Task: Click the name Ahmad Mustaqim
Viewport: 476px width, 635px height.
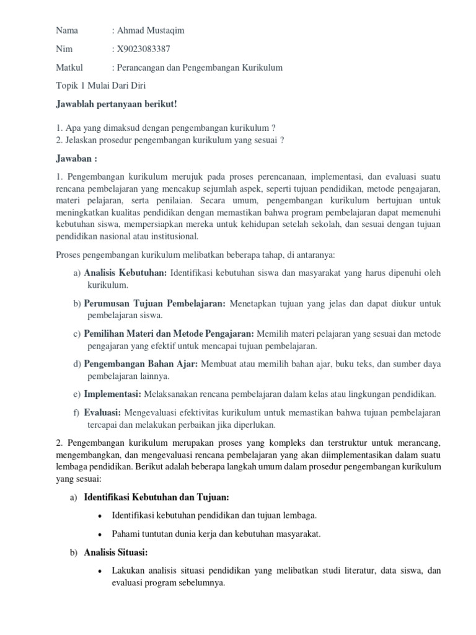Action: coord(151,30)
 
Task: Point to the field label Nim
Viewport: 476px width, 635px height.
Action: coord(64,48)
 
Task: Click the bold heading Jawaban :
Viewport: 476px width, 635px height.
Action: coord(76,158)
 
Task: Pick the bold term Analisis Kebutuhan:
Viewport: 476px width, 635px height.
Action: coord(125,273)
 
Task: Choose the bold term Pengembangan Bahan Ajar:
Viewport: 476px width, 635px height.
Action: coord(141,364)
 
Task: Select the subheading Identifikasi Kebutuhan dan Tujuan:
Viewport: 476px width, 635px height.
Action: coord(156,497)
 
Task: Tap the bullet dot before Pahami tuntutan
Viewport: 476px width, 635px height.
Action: coord(100,534)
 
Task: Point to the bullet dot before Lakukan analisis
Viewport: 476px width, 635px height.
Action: coord(100,571)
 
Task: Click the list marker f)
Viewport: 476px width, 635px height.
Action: coord(76,412)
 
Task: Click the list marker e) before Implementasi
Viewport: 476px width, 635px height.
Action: coord(76,394)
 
